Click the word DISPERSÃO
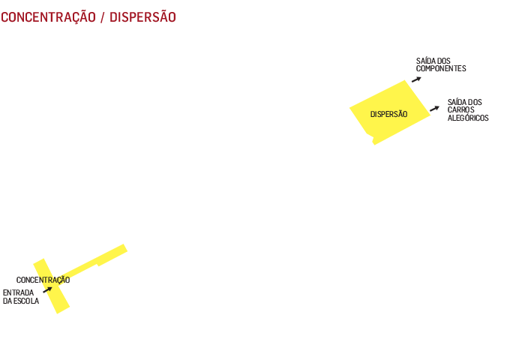tap(388, 114)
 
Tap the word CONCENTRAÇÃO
tap(43, 280)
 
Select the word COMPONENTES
tap(441, 68)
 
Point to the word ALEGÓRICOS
tap(467, 118)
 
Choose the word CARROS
tap(460, 110)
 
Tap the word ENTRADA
tap(18, 292)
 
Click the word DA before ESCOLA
tap(7, 301)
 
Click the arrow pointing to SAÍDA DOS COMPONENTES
tap(415, 78)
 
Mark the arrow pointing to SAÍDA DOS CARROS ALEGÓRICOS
tap(433, 109)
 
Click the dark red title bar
tap(90, 16)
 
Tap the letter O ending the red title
tap(172, 16)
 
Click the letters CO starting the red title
tap(6, 16)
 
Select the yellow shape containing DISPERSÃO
tap(382, 131)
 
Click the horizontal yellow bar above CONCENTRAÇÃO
tap(80, 255)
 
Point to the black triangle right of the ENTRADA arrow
tap(63, 292)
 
